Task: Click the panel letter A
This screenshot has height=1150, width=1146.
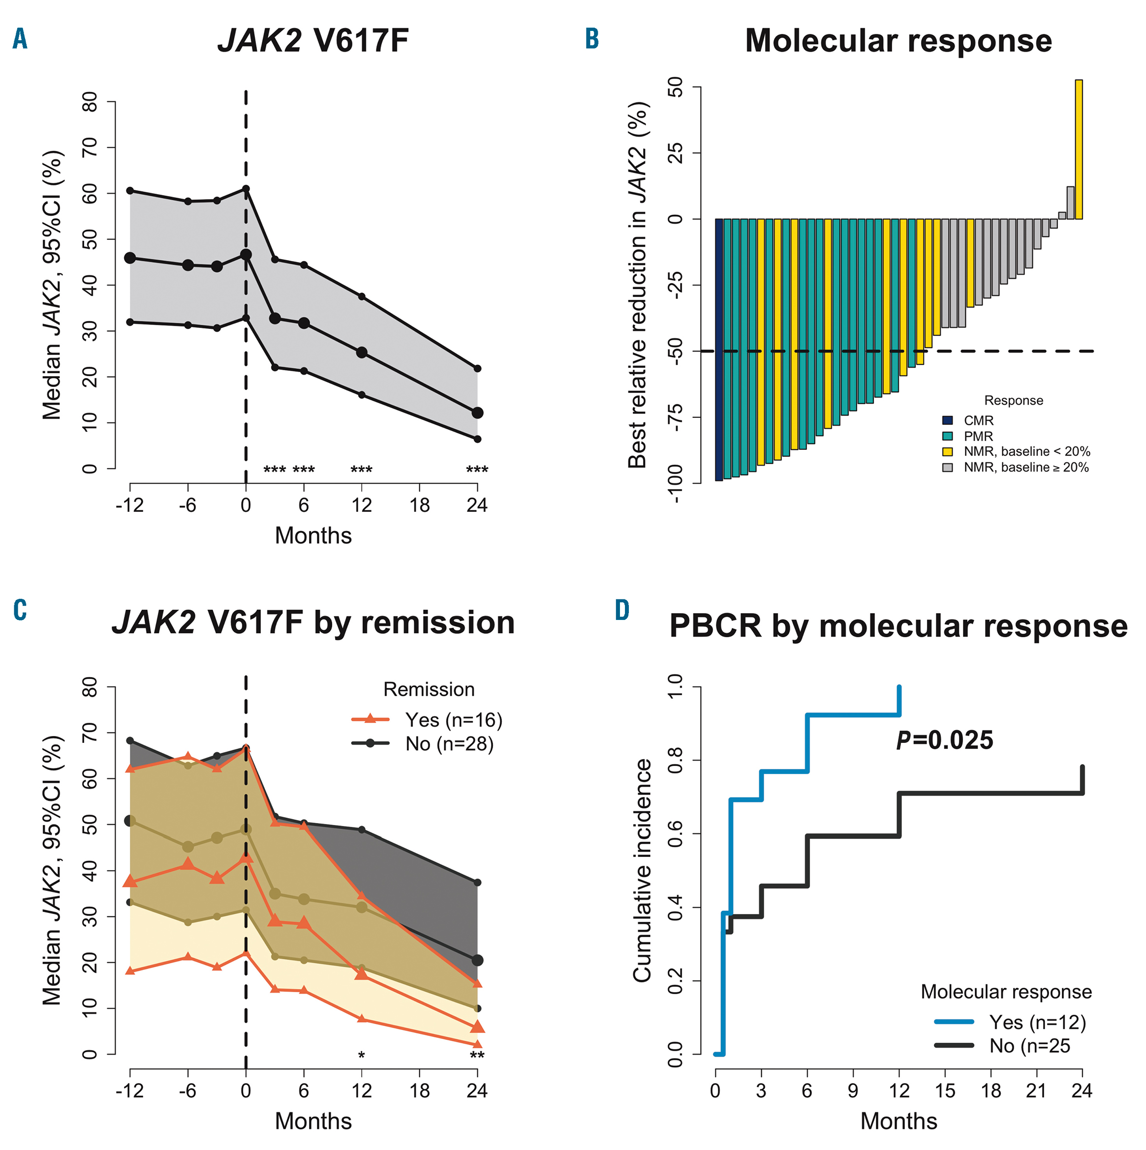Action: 20,39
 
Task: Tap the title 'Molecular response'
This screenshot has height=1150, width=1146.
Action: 898,41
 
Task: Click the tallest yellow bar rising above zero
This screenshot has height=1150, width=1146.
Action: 1079,149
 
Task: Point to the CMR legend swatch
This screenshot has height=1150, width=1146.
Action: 948,421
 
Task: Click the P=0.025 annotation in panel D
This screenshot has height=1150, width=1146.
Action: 944,740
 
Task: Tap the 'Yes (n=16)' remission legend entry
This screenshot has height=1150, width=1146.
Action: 453,720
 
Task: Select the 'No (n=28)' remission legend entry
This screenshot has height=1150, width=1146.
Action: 449,744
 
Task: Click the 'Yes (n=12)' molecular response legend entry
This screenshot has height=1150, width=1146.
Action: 1037,1022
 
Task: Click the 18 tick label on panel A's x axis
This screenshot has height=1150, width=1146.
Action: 419,505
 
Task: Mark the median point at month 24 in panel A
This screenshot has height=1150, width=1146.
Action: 477,413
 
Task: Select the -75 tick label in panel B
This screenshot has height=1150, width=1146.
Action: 675,417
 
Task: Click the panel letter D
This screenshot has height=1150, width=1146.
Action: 622,611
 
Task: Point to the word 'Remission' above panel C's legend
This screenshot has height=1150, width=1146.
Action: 429,689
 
